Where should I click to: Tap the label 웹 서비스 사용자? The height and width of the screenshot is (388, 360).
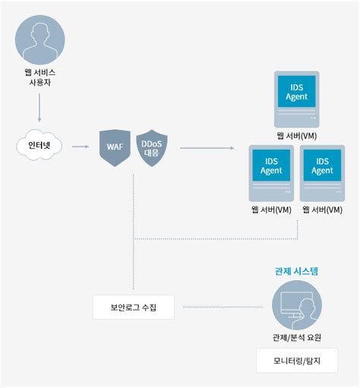(x=39, y=77)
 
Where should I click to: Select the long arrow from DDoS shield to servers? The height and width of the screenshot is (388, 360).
(x=207, y=147)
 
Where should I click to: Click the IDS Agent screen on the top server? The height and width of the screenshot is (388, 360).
(x=296, y=92)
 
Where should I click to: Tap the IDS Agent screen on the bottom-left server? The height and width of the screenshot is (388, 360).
(x=271, y=165)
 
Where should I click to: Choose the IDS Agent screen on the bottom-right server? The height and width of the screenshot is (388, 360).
(x=323, y=165)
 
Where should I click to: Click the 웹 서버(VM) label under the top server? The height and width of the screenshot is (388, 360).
(x=296, y=135)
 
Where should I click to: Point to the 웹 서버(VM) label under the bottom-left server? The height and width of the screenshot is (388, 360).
(x=271, y=210)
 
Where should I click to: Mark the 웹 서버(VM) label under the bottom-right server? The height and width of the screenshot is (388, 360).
(x=323, y=210)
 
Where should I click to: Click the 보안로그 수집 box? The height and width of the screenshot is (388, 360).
(x=132, y=307)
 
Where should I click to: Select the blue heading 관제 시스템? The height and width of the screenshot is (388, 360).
(x=297, y=270)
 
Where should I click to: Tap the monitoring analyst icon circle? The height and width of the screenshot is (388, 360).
(x=297, y=305)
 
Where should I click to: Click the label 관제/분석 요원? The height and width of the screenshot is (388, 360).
(x=297, y=338)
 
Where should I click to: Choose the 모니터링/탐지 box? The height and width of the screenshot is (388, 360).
(x=296, y=361)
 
